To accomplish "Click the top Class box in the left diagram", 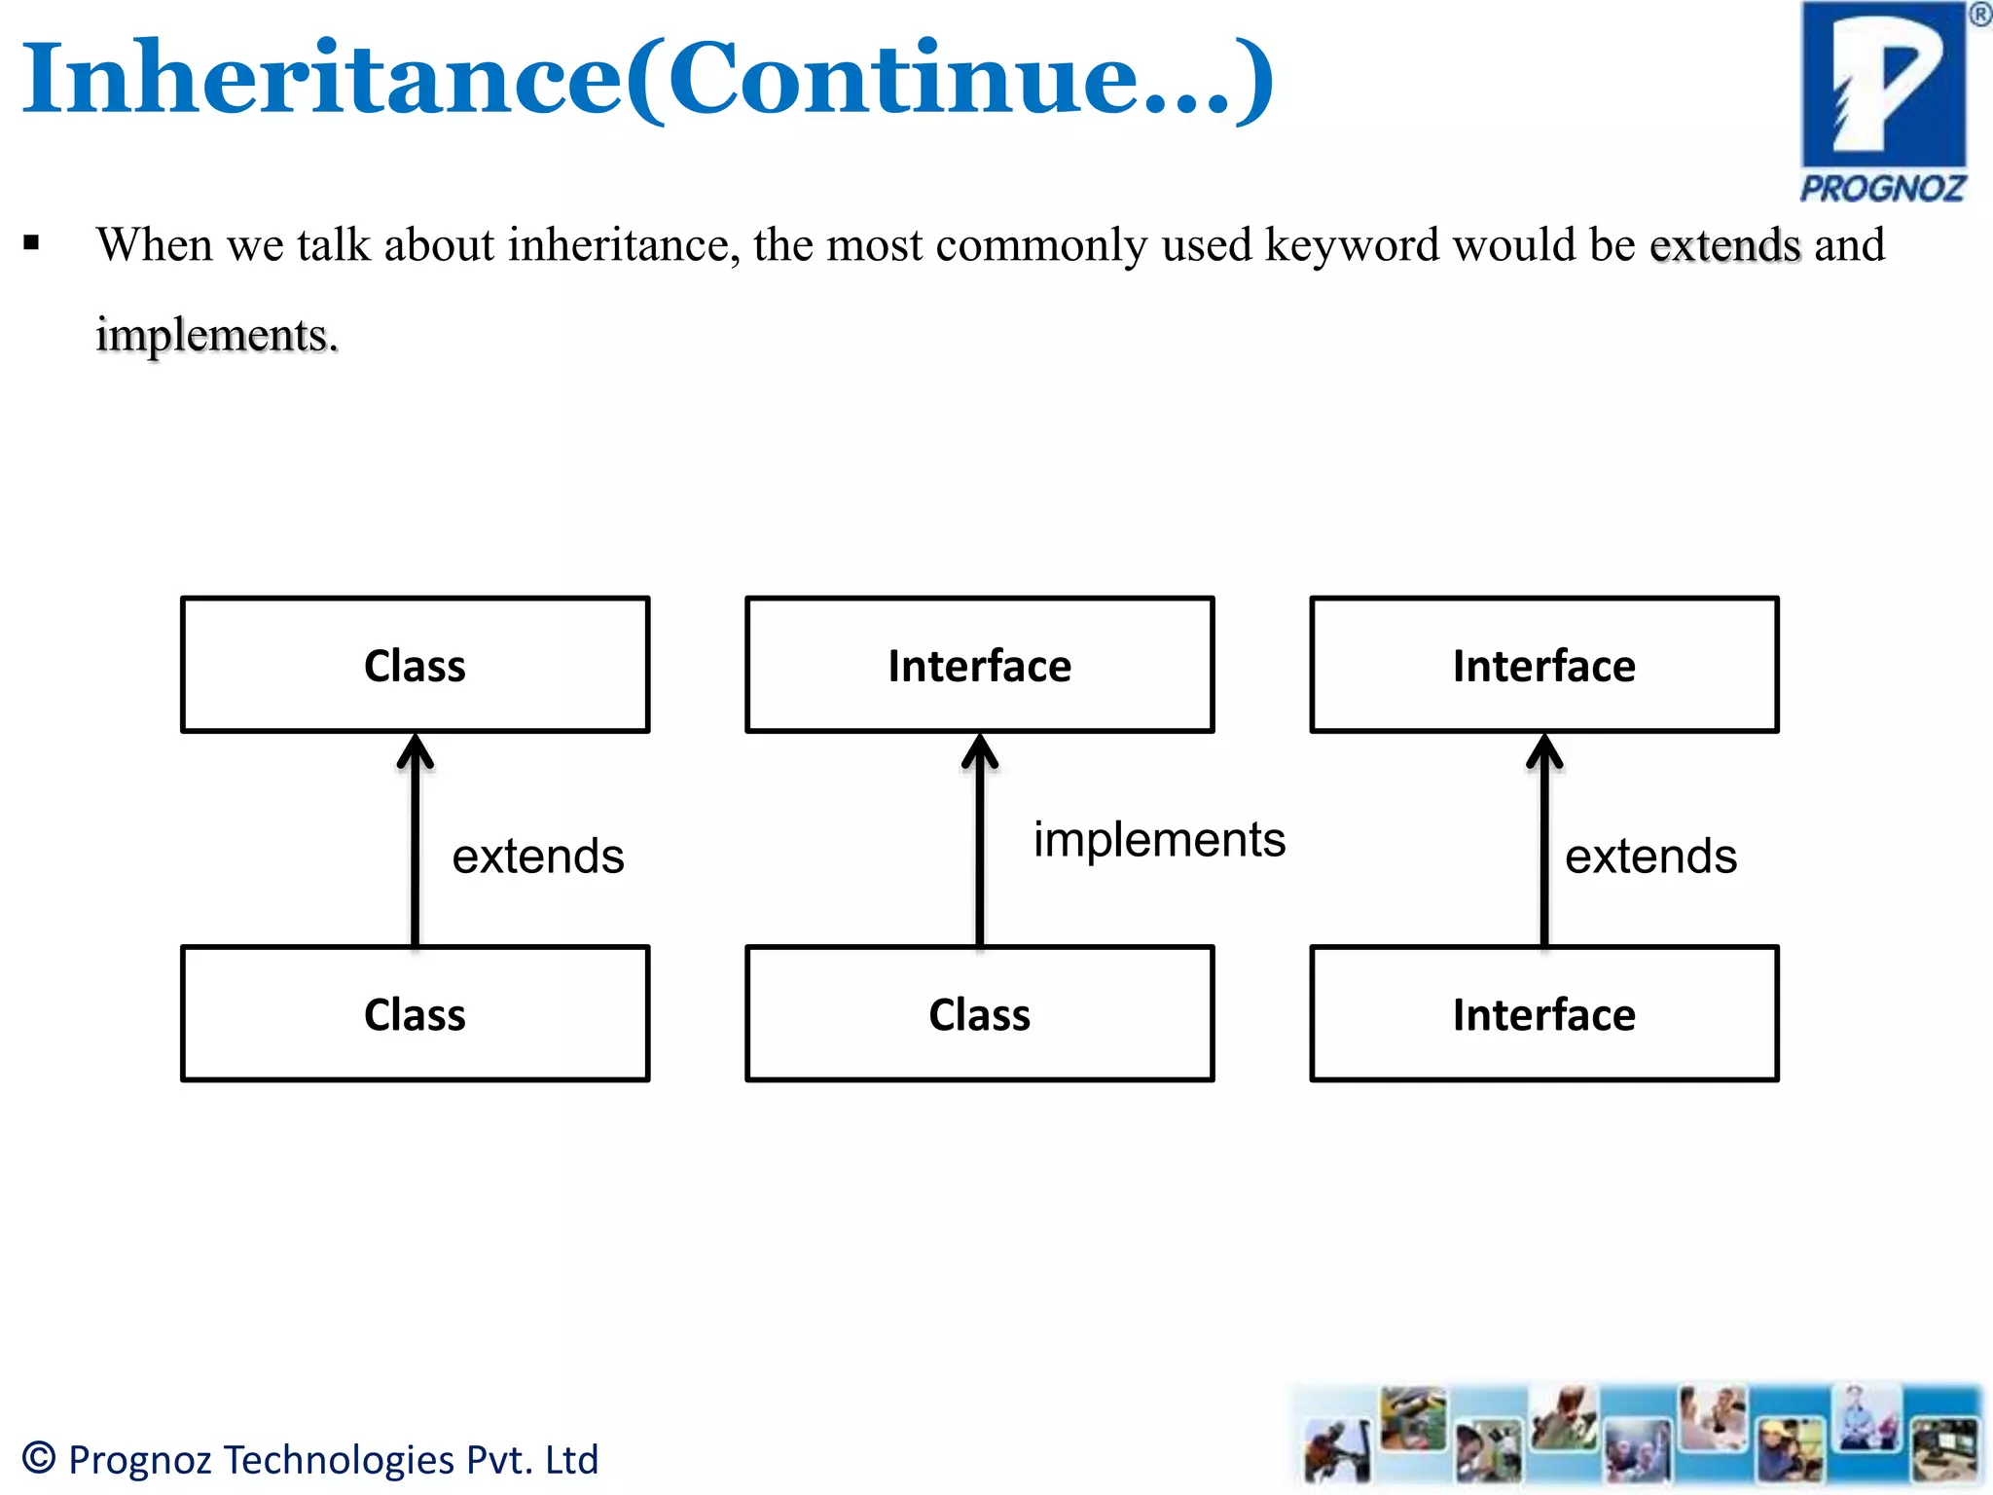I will tap(415, 666).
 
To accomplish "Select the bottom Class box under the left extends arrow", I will tap(415, 1014).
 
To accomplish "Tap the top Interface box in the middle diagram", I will tap(979, 666).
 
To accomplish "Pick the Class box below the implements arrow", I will tap(979, 1014).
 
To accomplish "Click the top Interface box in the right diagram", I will tap(1543, 666).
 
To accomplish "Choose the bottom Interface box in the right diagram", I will tap(1543, 1014).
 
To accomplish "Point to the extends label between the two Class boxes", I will tap(537, 857).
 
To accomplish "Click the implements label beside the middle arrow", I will tap(1158, 839).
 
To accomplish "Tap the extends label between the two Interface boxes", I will tap(1650, 857).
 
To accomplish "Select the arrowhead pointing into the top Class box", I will tap(416, 751).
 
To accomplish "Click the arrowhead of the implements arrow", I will tap(980, 751).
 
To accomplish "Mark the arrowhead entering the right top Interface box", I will tap(1544, 751).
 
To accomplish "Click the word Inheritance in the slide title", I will tap(321, 78).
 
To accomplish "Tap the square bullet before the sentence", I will tap(32, 243).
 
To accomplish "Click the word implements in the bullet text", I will tap(216, 336).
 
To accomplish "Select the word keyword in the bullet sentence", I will tap(1352, 245).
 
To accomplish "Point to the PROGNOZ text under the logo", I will tap(1882, 188).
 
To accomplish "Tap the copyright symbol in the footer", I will tap(39, 1457).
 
